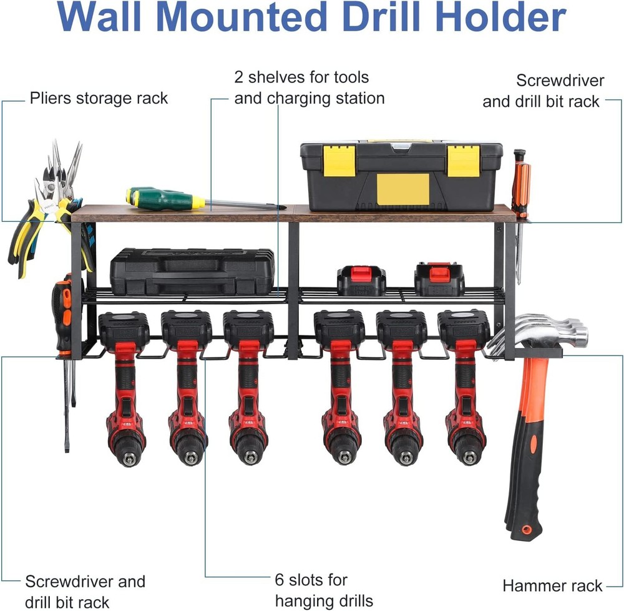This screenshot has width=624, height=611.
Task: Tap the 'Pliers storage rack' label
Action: [99, 98]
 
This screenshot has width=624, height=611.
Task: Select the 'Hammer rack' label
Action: [552, 585]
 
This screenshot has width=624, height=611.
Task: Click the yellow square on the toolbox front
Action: [403, 189]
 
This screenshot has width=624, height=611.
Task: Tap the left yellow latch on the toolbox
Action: [339, 161]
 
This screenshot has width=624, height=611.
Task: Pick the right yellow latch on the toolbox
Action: [464, 161]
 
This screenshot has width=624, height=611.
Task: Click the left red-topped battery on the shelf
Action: [361, 281]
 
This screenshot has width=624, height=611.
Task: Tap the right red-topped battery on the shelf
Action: [439, 279]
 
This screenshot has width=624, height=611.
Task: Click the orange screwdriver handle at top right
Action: [520, 184]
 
